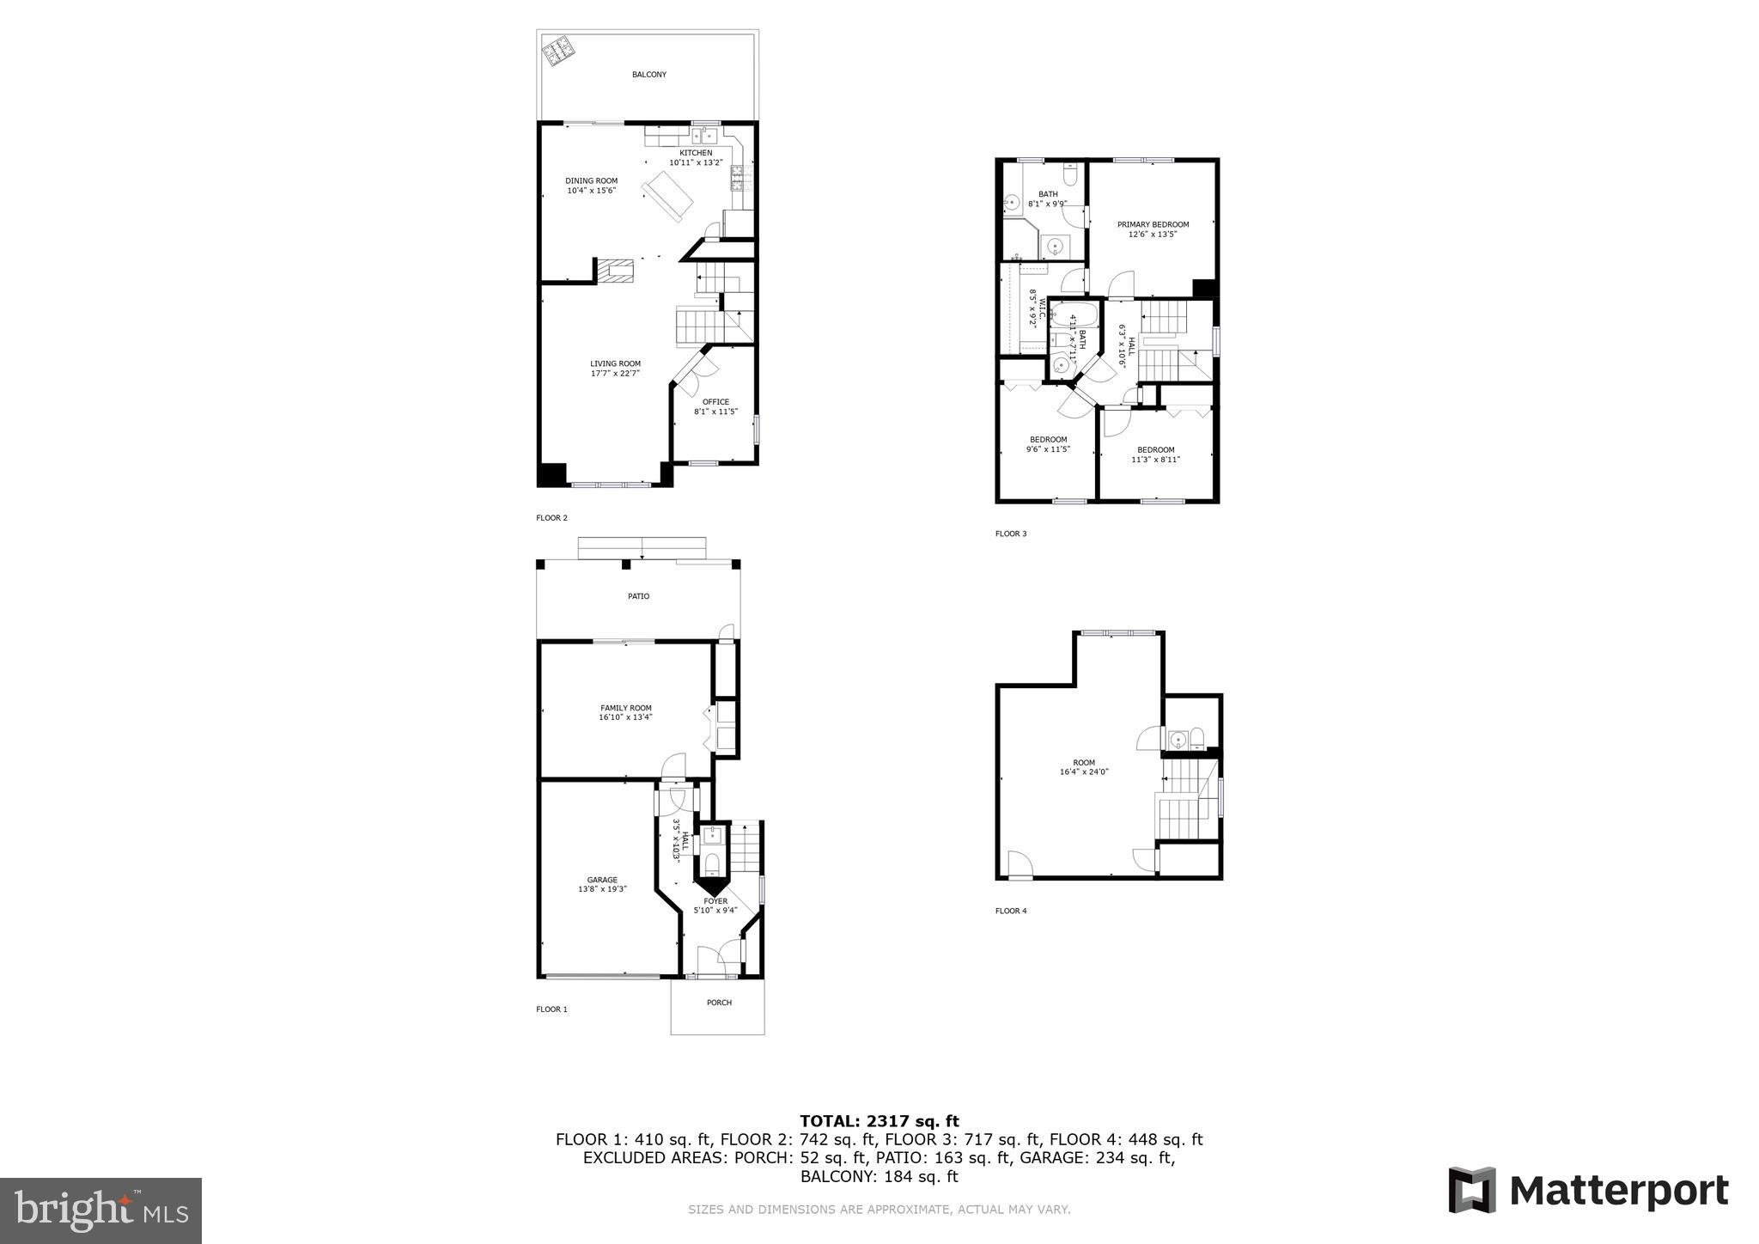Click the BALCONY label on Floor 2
point(648,75)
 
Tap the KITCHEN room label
point(696,153)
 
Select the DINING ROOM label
point(591,180)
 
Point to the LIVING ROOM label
point(615,363)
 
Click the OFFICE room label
point(715,401)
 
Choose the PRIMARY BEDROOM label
point(1153,224)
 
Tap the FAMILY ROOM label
point(626,708)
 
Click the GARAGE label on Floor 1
point(602,880)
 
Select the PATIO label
point(638,596)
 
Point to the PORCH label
point(719,1003)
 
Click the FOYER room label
point(715,901)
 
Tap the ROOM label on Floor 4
point(1084,762)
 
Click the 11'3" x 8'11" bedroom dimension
point(1155,460)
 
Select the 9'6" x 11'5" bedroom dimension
point(1048,449)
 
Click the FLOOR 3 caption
point(1011,534)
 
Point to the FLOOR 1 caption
point(551,1009)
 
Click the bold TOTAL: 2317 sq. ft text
point(879,1120)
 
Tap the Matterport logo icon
point(1471,1190)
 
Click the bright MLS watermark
point(100,1210)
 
